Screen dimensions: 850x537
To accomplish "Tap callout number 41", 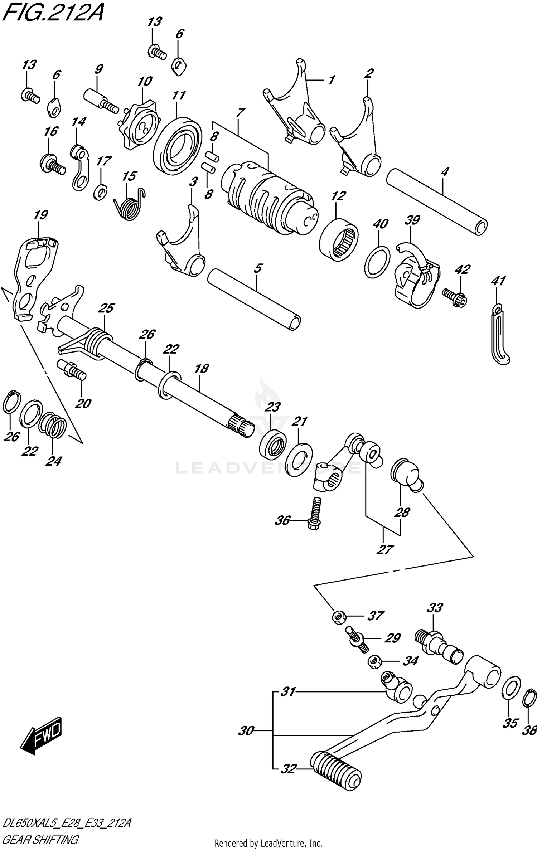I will pos(498,281).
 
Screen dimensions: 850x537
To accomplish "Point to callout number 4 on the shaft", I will pos(444,172).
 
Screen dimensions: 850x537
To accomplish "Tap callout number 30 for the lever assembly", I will pos(246,730).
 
